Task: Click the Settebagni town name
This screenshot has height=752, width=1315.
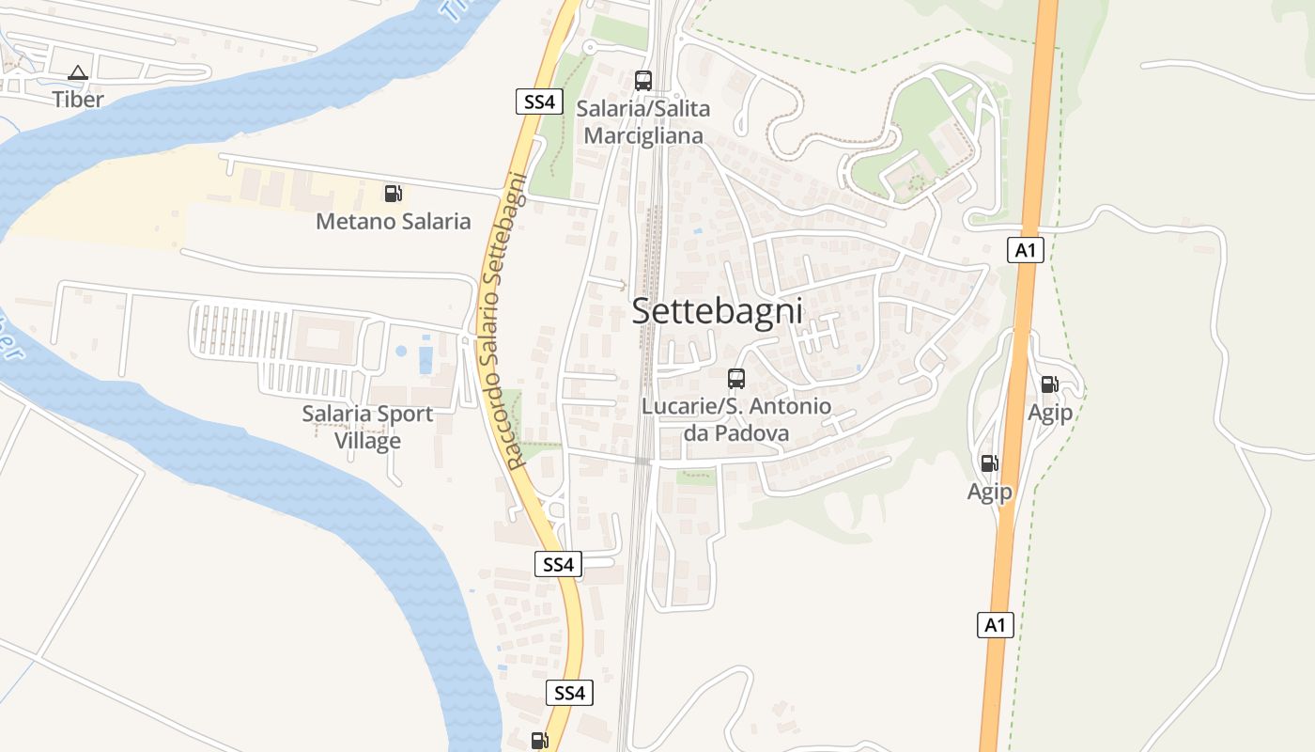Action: pos(717,311)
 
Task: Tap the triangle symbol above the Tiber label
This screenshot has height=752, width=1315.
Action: pos(78,72)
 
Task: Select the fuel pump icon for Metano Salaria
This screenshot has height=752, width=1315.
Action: pos(393,194)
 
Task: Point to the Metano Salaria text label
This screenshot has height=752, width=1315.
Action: pos(393,222)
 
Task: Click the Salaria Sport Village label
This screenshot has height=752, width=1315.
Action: pos(367,427)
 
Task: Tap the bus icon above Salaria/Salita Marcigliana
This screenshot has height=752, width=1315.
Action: pos(643,81)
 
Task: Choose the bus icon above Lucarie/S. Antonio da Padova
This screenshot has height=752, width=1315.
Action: pos(736,379)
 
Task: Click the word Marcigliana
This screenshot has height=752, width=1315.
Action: pos(643,135)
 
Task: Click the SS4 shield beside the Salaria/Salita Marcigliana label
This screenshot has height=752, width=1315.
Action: pos(539,102)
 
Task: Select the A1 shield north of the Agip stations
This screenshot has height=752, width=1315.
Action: pos(1026,250)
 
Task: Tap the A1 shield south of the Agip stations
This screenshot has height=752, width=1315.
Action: pos(996,625)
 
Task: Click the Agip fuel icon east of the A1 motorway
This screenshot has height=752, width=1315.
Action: pos(1049,384)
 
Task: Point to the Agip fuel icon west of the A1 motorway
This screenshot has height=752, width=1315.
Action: pos(989,463)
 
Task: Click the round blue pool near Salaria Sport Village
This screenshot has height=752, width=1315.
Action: pos(401,352)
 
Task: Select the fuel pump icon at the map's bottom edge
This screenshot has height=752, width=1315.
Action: pos(539,741)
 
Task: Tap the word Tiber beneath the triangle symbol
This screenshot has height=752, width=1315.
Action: pos(78,99)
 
